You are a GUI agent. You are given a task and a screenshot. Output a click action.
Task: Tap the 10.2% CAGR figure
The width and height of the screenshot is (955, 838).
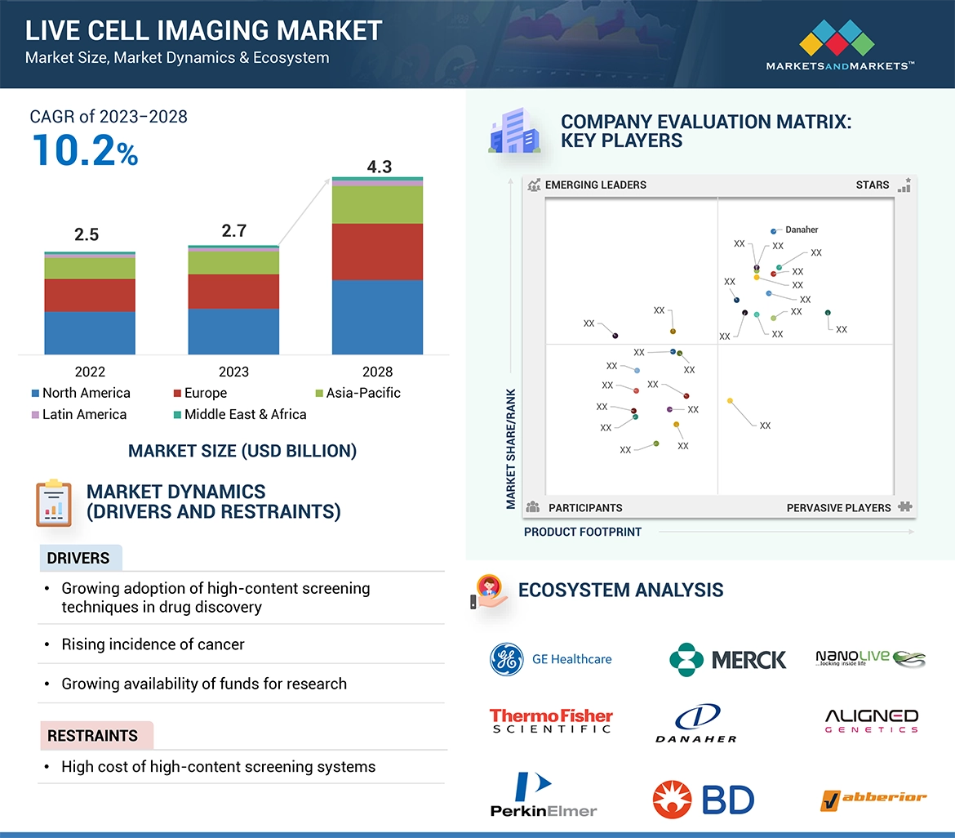point(85,151)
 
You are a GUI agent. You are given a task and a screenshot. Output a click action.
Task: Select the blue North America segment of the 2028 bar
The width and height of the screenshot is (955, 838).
point(377,317)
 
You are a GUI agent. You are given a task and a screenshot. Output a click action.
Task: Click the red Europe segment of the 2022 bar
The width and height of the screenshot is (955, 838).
point(90,295)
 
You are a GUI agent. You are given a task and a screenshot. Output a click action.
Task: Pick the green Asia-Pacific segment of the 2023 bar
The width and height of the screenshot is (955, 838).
point(233,262)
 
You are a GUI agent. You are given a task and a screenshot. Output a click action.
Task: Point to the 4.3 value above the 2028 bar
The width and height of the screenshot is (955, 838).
point(379,167)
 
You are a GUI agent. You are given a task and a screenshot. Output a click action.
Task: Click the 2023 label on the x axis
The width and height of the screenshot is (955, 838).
point(233,372)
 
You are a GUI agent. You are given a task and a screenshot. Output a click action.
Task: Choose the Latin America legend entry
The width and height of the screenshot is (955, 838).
point(79,414)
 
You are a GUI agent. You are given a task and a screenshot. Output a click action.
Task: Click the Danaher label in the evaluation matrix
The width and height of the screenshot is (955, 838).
point(802,230)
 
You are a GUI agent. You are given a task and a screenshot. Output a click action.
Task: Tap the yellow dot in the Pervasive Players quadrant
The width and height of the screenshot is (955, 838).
point(730,401)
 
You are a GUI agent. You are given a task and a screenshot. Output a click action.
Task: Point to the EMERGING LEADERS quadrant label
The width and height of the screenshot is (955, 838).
point(595,185)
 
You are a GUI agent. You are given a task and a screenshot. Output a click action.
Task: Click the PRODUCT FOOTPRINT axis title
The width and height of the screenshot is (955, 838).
point(583,532)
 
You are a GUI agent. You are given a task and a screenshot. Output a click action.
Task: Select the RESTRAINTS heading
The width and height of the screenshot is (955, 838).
point(92,736)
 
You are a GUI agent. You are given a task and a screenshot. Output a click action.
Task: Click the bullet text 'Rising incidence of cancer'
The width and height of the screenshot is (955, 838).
point(153,644)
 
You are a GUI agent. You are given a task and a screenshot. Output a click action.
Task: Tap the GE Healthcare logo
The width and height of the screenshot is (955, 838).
point(550,659)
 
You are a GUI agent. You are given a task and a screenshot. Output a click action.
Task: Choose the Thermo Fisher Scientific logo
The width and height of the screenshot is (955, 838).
point(551,720)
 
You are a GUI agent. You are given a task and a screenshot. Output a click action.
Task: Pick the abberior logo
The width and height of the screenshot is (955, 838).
point(873,799)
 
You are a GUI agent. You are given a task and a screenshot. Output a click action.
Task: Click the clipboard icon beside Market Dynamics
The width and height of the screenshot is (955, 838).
point(54,502)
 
